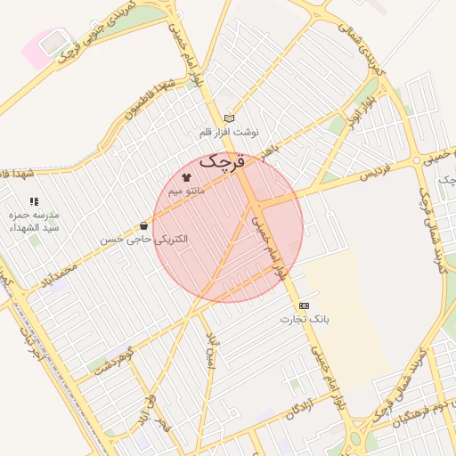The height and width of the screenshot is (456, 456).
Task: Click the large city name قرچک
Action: (x=223, y=162)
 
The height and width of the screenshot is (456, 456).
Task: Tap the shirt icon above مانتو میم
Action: (x=186, y=177)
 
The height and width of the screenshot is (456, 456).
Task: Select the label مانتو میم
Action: (x=187, y=191)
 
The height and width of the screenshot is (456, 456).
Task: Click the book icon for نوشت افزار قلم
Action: (x=229, y=118)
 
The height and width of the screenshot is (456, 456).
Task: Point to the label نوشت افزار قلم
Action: (x=229, y=132)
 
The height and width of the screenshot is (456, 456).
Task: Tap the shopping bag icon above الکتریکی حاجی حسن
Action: (x=144, y=226)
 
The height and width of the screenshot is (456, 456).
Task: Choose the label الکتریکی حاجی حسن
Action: (x=143, y=240)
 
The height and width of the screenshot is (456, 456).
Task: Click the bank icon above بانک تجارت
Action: (x=305, y=305)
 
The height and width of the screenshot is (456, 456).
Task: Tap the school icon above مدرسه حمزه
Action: (x=34, y=202)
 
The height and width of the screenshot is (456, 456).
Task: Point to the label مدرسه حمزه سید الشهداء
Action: (x=34, y=222)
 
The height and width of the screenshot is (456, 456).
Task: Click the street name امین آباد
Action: (x=210, y=351)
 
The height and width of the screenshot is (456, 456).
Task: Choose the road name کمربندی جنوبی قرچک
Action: (x=89, y=30)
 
